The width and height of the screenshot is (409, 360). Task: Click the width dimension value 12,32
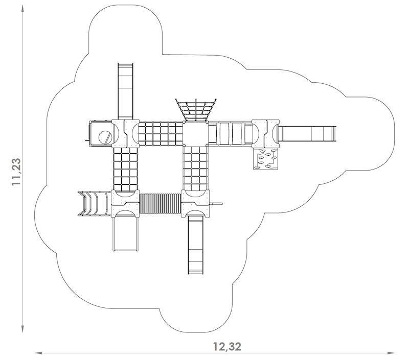227,347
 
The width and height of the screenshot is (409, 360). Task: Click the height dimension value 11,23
16,172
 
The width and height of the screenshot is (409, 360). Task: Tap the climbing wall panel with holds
265,159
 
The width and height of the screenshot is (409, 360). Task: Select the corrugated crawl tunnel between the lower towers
160,204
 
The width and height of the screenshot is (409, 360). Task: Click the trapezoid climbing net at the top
196,110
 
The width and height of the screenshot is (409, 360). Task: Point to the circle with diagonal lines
105,137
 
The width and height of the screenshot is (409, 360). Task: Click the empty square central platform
196,134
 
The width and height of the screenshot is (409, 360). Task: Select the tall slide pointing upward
125,91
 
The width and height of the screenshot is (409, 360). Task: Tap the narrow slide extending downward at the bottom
196,246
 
